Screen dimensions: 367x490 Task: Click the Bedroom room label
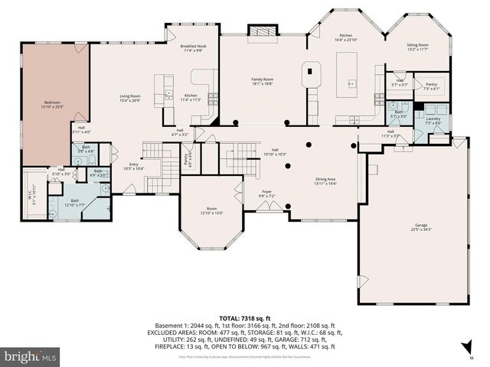coord(52,104)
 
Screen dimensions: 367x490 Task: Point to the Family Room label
coord(263,82)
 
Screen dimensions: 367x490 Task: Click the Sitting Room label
coord(417,48)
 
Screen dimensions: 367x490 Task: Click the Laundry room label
coord(433,121)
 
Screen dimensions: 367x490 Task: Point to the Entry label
coord(134,166)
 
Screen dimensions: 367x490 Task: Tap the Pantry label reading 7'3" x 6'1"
coord(432,86)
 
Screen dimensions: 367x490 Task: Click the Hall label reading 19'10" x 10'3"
coord(275,152)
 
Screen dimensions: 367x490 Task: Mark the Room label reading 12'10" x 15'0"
coord(211,211)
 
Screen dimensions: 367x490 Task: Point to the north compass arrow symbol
coord(464,354)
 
